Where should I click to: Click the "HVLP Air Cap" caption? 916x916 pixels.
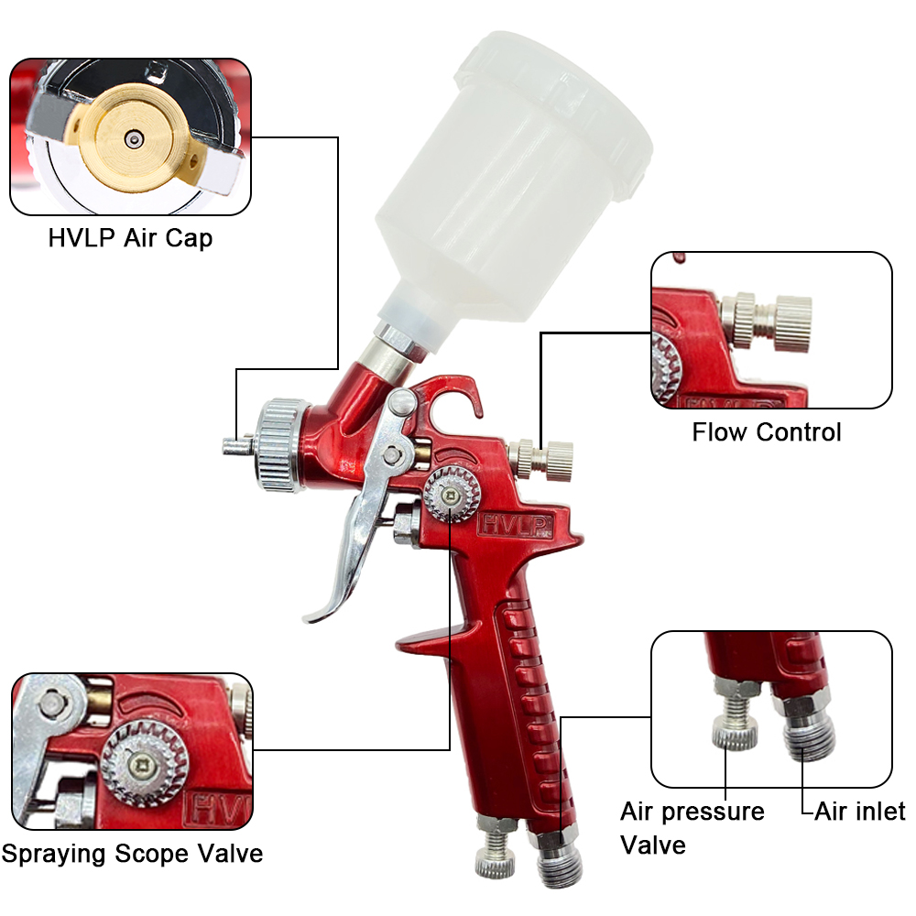coord(130,238)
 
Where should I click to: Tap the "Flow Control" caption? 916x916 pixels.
coord(767,432)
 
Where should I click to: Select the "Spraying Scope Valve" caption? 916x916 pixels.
coord(132,854)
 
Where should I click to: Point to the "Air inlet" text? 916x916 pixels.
coord(860,812)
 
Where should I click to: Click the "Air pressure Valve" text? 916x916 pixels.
coord(692,828)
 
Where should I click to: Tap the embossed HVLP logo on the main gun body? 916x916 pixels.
coord(515,525)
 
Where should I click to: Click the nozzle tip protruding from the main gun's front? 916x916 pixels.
coord(236,447)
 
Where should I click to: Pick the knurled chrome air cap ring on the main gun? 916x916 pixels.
coord(282,445)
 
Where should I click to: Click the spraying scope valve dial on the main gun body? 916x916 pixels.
coord(452,495)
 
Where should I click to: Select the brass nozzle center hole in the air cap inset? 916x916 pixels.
coord(134,139)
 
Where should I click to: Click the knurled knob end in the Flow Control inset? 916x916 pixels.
coord(792,323)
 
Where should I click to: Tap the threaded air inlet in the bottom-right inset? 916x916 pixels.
coord(809,730)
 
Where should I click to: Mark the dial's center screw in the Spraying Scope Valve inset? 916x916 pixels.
coord(141,766)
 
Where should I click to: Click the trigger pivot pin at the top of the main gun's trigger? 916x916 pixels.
coord(402,401)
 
